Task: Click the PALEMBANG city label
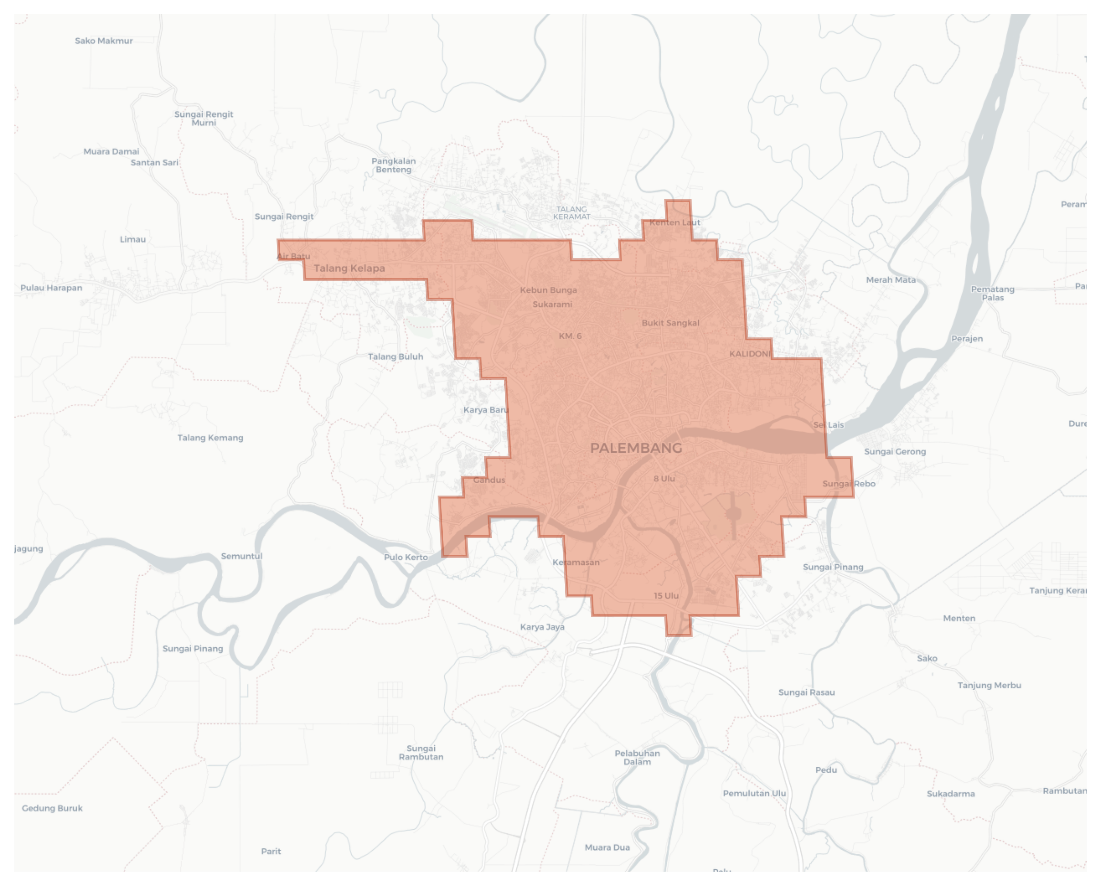(x=636, y=448)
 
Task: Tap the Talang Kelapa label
(x=349, y=268)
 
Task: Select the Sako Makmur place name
(x=104, y=41)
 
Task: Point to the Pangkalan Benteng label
(x=393, y=165)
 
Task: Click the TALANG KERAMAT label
(x=571, y=213)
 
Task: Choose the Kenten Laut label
(x=674, y=222)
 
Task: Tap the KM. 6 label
(x=570, y=336)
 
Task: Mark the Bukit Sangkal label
(x=670, y=323)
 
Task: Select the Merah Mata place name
(x=891, y=280)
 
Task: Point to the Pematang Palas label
(x=992, y=293)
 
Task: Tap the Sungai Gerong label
(x=894, y=451)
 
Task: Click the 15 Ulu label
(x=666, y=595)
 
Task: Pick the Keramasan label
(x=576, y=562)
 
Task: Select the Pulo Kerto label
(x=406, y=557)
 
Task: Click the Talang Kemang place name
(x=210, y=438)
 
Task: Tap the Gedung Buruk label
(x=52, y=808)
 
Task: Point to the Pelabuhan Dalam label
(x=637, y=757)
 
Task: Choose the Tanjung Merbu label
(x=989, y=685)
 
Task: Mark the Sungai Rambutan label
(x=421, y=753)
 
